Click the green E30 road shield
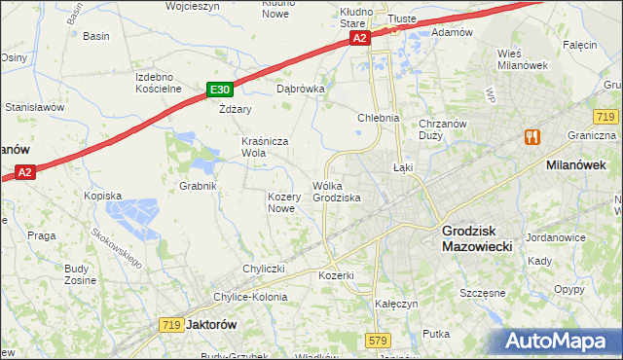[x=218, y=90]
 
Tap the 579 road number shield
[x=380, y=340]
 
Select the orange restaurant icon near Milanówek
[x=531, y=137]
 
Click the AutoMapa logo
[x=562, y=342]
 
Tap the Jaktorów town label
[x=210, y=324]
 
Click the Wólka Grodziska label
[x=337, y=192]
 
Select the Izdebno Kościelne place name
[x=160, y=83]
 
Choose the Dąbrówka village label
[x=300, y=87]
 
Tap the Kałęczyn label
[x=396, y=304]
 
